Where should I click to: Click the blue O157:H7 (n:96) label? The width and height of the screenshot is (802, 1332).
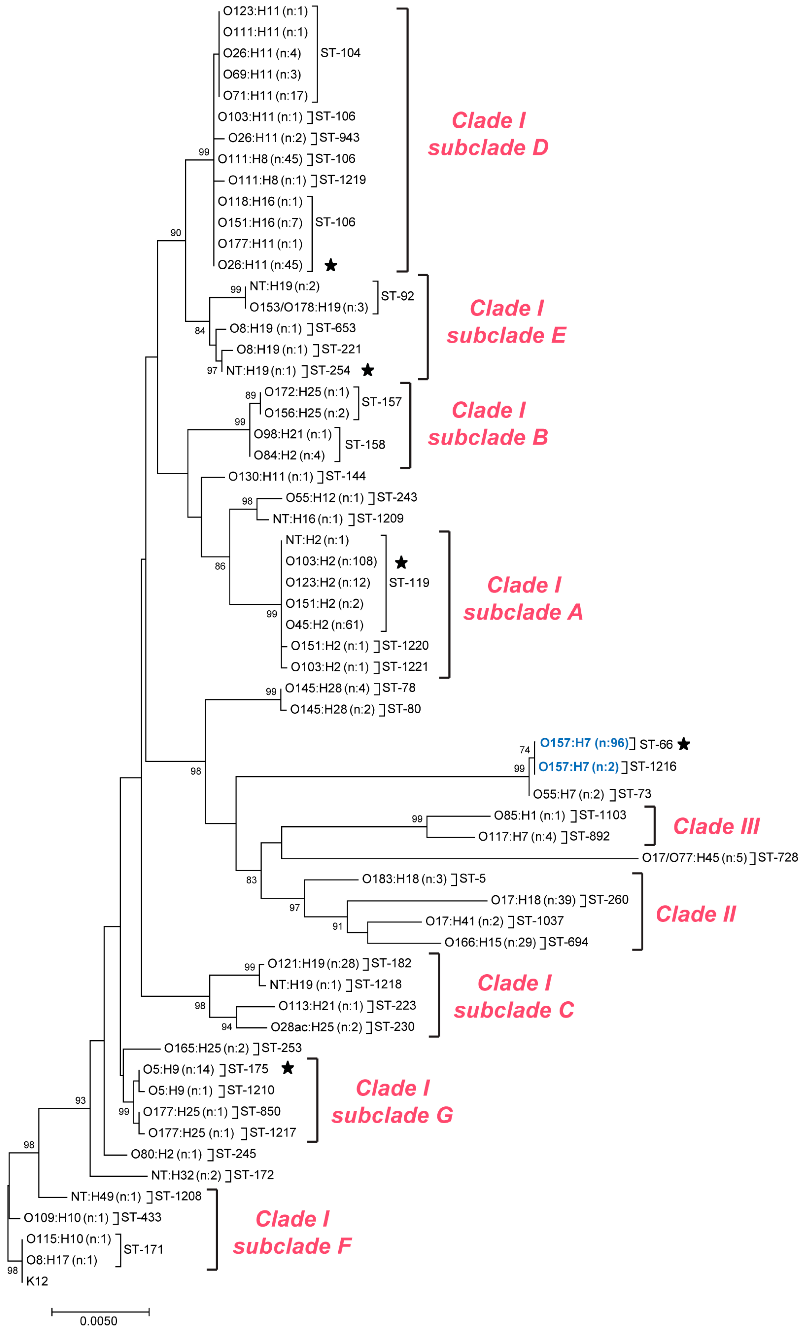(x=584, y=743)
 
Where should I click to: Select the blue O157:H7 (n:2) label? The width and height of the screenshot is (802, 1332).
(x=578, y=767)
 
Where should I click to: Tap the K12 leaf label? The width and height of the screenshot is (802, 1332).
(x=37, y=1281)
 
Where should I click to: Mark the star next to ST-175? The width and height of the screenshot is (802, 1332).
(x=287, y=1068)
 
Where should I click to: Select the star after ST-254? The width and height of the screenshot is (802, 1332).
(x=368, y=370)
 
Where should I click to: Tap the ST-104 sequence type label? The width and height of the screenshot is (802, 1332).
(x=341, y=53)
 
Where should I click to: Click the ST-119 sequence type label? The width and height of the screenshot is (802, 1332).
(x=409, y=583)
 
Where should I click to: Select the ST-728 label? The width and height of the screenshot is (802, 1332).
(x=778, y=858)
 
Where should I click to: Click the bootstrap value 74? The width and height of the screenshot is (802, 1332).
(x=524, y=750)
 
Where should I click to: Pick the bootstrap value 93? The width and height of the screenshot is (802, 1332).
(x=80, y=1100)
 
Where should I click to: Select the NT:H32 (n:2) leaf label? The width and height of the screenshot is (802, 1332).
(x=186, y=1175)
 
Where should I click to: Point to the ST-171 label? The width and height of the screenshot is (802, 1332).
(x=143, y=1249)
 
